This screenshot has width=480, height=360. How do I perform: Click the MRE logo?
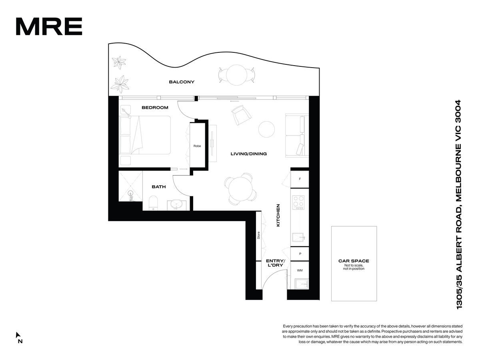(x=49, y=26)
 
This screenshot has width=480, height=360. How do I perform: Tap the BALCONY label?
(x=182, y=82)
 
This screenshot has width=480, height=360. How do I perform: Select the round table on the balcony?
(x=237, y=75)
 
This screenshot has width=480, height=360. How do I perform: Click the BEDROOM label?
(x=155, y=108)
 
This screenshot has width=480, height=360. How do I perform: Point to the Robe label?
(x=197, y=146)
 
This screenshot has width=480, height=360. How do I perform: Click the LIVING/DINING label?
(x=249, y=154)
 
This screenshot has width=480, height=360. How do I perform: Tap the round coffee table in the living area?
(x=266, y=129)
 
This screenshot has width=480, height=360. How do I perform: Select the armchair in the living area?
(x=241, y=115)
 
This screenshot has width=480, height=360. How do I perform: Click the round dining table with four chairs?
(x=240, y=189)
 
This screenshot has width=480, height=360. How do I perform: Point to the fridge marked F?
(x=300, y=179)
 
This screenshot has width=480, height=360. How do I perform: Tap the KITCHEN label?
(x=278, y=215)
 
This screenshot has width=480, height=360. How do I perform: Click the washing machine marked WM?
(x=300, y=270)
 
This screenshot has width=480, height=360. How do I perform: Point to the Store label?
(x=258, y=235)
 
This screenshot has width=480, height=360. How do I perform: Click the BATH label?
(x=159, y=187)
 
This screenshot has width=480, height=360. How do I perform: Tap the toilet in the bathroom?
(x=153, y=203)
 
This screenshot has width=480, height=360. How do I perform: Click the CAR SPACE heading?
(x=354, y=261)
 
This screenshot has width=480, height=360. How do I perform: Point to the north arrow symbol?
(x=18, y=335)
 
